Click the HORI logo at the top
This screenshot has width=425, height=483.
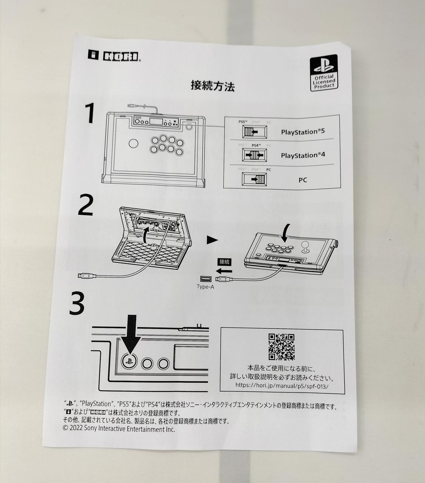(x=114, y=55)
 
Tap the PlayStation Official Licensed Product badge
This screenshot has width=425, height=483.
(x=324, y=73)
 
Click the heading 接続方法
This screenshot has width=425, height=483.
(x=213, y=86)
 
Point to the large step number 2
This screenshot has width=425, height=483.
(x=86, y=205)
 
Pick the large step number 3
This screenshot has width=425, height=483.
(x=77, y=303)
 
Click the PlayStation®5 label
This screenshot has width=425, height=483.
(x=303, y=132)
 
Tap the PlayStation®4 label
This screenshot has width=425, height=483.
(x=303, y=155)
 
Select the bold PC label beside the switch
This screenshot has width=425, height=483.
(x=303, y=180)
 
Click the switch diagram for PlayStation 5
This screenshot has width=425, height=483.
(x=255, y=132)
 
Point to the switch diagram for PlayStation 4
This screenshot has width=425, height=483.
(x=255, y=155)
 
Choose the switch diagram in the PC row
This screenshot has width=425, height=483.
(x=254, y=179)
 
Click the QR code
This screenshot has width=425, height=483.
(x=281, y=347)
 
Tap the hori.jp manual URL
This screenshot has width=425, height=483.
(x=282, y=386)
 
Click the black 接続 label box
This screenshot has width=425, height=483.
(x=224, y=262)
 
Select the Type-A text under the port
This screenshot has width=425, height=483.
(x=206, y=287)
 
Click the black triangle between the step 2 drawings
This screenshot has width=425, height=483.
(x=212, y=240)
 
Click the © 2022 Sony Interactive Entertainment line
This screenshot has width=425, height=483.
(x=119, y=429)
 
